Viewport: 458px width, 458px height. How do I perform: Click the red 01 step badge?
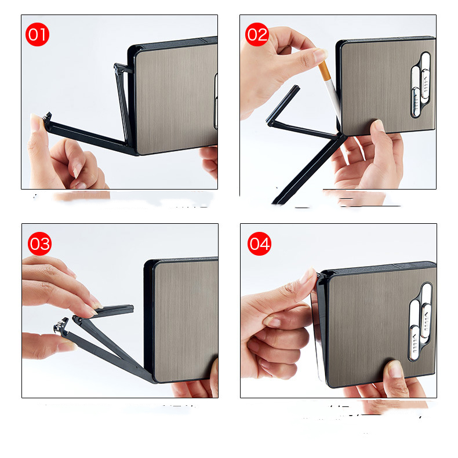[x=37, y=34]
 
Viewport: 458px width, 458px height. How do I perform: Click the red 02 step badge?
[x=257, y=34]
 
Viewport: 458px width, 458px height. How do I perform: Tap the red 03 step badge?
[x=39, y=243]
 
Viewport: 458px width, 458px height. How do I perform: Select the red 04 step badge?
[x=259, y=243]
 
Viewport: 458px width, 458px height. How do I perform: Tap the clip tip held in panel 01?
[x=47, y=118]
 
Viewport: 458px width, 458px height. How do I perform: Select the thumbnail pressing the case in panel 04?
[x=395, y=369]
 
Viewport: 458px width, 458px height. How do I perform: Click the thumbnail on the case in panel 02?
[x=378, y=125]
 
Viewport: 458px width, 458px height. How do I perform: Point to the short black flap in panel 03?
[x=114, y=310]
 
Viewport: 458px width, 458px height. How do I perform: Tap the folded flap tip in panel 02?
[x=296, y=88]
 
